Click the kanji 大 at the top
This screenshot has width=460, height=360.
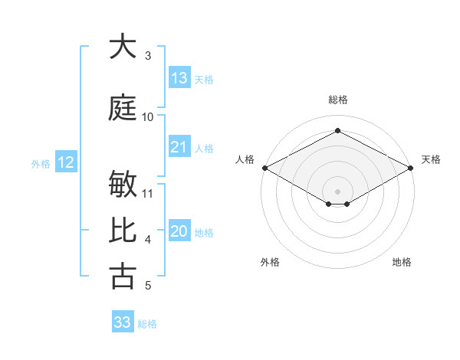click(x=123, y=47)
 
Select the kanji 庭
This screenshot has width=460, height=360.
click(x=123, y=107)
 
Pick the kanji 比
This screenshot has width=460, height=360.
click(x=123, y=230)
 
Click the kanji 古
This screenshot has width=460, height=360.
click(x=123, y=277)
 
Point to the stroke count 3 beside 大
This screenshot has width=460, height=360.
click(x=148, y=56)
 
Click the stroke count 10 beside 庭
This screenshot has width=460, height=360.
click(x=148, y=117)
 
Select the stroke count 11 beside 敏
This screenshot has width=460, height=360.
click(x=148, y=194)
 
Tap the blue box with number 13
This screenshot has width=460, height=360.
click(x=179, y=78)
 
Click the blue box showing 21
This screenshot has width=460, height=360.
click(x=179, y=147)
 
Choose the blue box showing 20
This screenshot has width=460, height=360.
click(x=179, y=232)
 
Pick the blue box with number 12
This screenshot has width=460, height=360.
click(x=65, y=162)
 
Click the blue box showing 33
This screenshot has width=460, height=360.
click(x=123, y=322)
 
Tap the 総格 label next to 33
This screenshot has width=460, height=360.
click(x=147, y=324)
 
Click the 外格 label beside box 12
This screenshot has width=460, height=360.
click(x=41, y=163)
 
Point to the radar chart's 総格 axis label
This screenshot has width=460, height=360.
click(x=338, y=100)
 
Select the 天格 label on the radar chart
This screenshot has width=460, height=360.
click(x=432, y=159)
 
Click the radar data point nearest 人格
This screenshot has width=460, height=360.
click(x=264, y=168)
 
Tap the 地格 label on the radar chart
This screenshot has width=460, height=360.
click(x=402, y=262)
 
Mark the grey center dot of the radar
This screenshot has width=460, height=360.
click(x=337, y=191)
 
